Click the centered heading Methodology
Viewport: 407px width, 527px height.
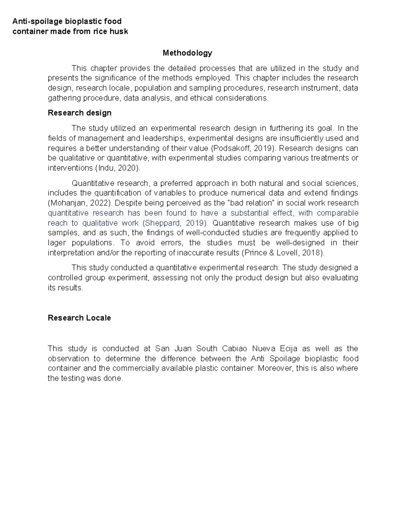pyautogui.click(x=187, y=53)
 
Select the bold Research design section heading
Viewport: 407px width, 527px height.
pyautogui.click(x=79, y=113)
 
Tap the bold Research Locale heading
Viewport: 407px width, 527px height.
pyautogui.click(x=79, y=318)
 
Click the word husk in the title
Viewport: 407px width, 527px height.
pyautogui.click(x=118, y=32)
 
